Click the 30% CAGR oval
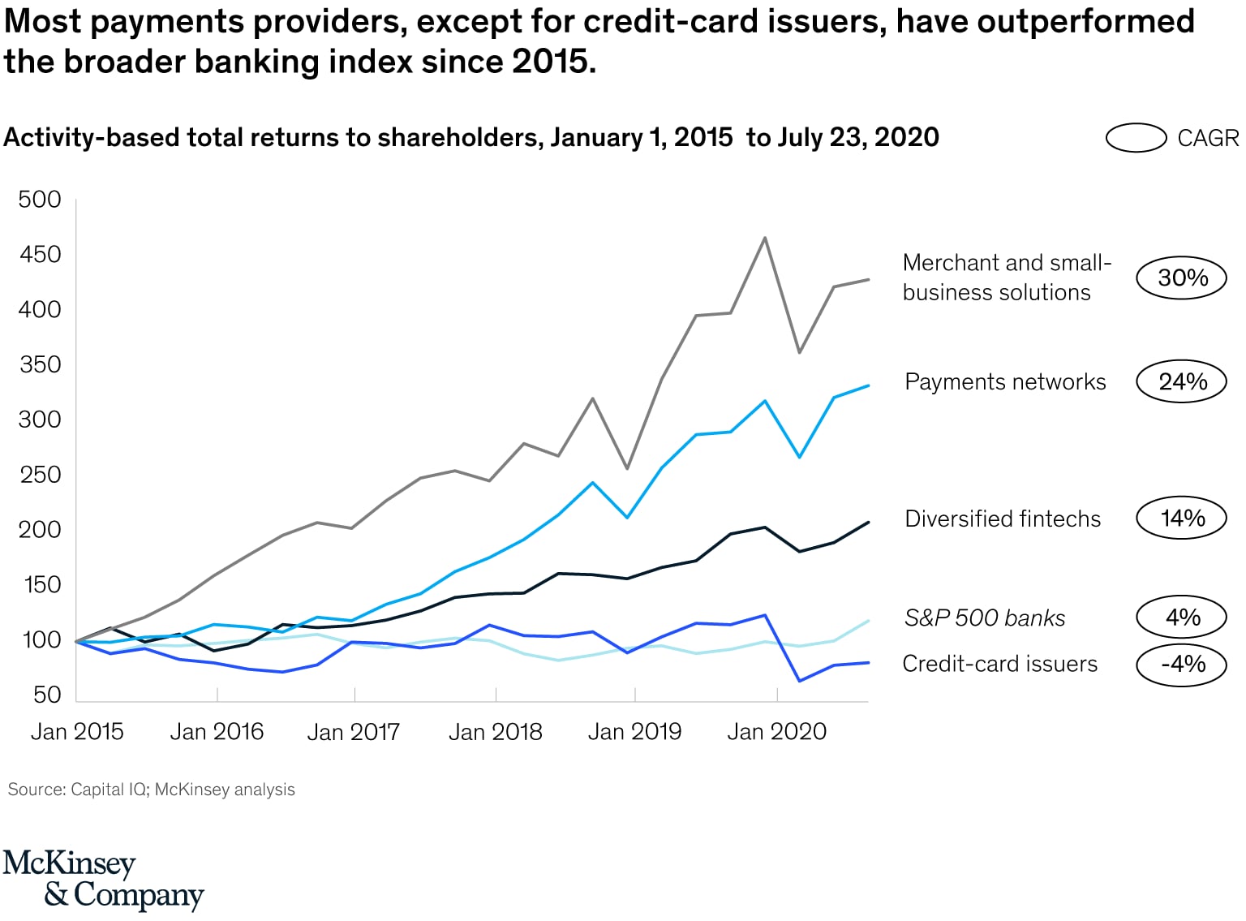pyautogui.click(x=1181, y=278)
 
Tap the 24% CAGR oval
pyautogui.click(x=1181, y=381)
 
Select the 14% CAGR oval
pyautogui.click(x=1181, y=518)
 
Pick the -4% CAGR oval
pyautogui.click(x=1181, y=664)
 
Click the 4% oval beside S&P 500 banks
pyautogui.click(x=1181, y=618)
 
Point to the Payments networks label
pyautogui.click(x=1004, y=381)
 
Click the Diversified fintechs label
pyautogui.click(x=1002, y=519)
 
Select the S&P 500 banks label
pyautogui.click(x=984, y=618)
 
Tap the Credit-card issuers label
pyautogui.click(x=999, y=664)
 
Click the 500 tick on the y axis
pyautogui.click(x=40, y=200)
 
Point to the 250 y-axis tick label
pyautogui.click(x=40, y=475)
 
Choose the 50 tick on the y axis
pyautogui.click(x=47, y=695)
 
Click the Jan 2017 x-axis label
pyautogui.click(x=354, y=732)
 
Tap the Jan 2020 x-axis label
pyautogui.click(x=776, y=732)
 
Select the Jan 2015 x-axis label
pyautogui.click(x=77, y=732)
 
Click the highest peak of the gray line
pyautogui.click(x=764, y=238)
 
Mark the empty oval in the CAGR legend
pyautogui.click(x=1136, y=138)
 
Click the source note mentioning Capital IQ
pyautogui.click(x=151, y=790)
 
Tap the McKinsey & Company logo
pyautogui.click(x=103, y=880)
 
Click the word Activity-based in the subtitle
pyautogui.click(x=91, y=138)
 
